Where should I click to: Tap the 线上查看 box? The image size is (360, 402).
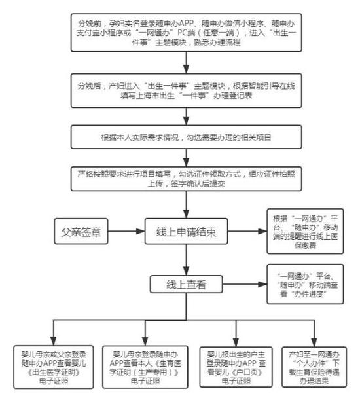pos(187,284)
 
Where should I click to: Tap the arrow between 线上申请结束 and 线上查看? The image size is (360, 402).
pos(187,261)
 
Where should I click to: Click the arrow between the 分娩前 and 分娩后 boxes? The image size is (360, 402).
pos(187,64)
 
